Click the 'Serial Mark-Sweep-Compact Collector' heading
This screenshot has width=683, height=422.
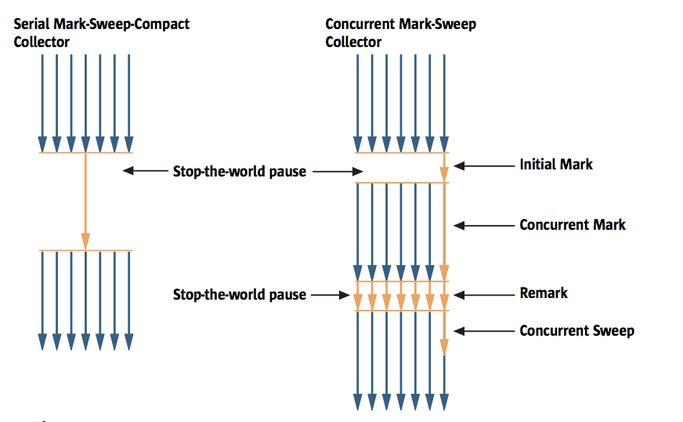click(101, 33)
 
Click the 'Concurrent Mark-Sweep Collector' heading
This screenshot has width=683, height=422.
click(400, 33)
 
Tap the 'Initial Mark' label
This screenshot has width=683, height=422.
click(556, 165)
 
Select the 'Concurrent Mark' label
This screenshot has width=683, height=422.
click(573, 225)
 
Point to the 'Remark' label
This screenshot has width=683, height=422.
click(544, 293)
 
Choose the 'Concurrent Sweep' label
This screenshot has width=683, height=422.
click(576, 331)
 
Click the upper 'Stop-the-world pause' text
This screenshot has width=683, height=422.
click(239, 171)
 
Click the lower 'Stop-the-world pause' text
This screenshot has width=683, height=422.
click(239, 295)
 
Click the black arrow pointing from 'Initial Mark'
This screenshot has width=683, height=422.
click(482, 166)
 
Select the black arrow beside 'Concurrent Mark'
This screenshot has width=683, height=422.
click(482, 226)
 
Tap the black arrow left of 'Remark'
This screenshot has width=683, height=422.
click(482, 295)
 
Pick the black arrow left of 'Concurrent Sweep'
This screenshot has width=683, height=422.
click(482, 332)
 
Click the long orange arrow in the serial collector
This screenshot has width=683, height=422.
click(85, 200)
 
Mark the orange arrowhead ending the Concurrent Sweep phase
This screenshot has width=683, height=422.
click(444, 347)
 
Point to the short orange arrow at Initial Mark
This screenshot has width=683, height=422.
click(444, 168)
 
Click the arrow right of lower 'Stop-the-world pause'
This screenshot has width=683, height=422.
click(331, 295)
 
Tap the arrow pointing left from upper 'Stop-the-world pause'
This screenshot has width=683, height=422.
click(145, 170)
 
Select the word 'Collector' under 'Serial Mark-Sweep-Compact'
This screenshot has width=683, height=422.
click(42, 42)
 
